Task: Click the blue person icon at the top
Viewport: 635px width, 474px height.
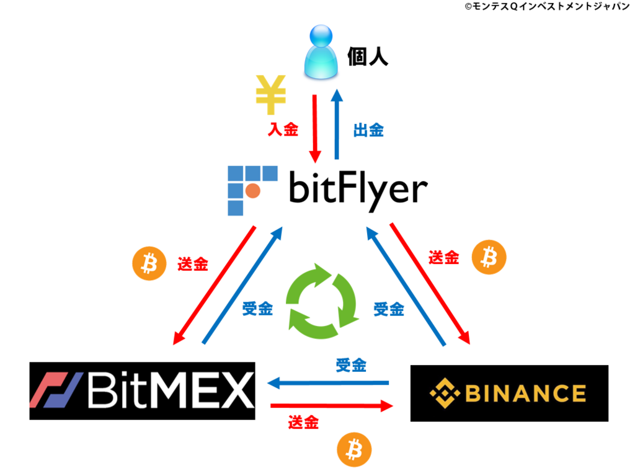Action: click(x=321, y=52)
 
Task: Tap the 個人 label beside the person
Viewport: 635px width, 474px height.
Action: click(x=367, y=56)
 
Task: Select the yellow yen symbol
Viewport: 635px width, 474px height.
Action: click(x=270, y=95)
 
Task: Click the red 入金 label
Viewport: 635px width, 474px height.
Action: click(x=283, y=129)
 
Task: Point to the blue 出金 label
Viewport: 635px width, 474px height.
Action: click(x=368, y=130)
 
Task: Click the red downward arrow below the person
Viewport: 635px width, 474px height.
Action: click(x=314, y=129)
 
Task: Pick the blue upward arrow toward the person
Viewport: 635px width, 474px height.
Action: click(x=337, y=124)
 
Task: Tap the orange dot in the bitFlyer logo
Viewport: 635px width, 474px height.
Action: click(x=253, y=191)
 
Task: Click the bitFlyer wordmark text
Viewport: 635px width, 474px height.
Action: click(x=358, y=190)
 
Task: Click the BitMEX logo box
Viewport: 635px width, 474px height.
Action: click(x=142, y=390)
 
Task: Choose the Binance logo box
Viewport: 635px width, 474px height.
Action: click(x=509, y=393)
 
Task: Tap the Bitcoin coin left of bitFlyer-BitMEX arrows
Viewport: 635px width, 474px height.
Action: click(x=149, y=263)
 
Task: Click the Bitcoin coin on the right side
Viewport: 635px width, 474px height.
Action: click(x=489, y=257)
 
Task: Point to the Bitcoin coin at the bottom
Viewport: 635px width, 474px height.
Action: click(x=354, y=450)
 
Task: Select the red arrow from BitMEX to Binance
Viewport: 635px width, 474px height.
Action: click(x=332, y=406)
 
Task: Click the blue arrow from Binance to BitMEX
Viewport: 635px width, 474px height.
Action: click(x=328, y=382)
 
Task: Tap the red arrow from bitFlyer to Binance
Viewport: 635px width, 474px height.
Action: click(x=430, y=283)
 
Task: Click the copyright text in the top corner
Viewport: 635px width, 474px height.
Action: click(x=547, y=6)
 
